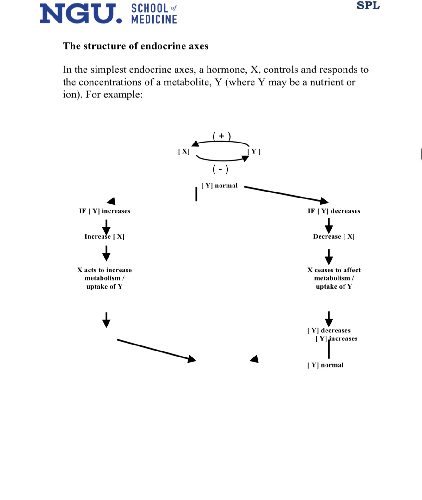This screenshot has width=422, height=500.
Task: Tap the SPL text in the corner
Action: (x=368, y=6)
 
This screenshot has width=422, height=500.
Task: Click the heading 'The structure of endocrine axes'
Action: (x=135, y=46)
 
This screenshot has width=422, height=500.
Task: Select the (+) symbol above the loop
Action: (x=221, y=136)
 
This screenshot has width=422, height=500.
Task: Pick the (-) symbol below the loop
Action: (x=220, y=170)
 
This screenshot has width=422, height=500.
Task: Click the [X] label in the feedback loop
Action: (x=184, y=151)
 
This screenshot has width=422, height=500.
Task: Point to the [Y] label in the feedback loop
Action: (x=254, y=151)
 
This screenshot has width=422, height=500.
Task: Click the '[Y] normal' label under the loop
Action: (x=220, y=186)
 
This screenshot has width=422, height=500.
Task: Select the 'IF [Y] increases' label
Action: (x=104, y=211)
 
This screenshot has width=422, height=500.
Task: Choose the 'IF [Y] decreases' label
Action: (x=334, y=211)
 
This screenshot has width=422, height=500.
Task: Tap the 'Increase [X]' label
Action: (x=104, y=237)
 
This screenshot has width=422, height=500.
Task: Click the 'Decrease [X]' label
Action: (x=334, y=237)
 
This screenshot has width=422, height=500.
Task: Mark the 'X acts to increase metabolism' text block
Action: (x=104, y=278)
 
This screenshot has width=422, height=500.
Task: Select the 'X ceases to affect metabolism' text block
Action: (x=334, y=278)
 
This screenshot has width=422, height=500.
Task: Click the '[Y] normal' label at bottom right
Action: (x=325, y=365)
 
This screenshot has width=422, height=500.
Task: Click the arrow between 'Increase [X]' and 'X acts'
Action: (x=107, y=253)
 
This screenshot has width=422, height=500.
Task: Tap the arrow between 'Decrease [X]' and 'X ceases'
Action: (x=329, y=257)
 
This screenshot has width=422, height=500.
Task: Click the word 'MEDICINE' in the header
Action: (x=154, y=20)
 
